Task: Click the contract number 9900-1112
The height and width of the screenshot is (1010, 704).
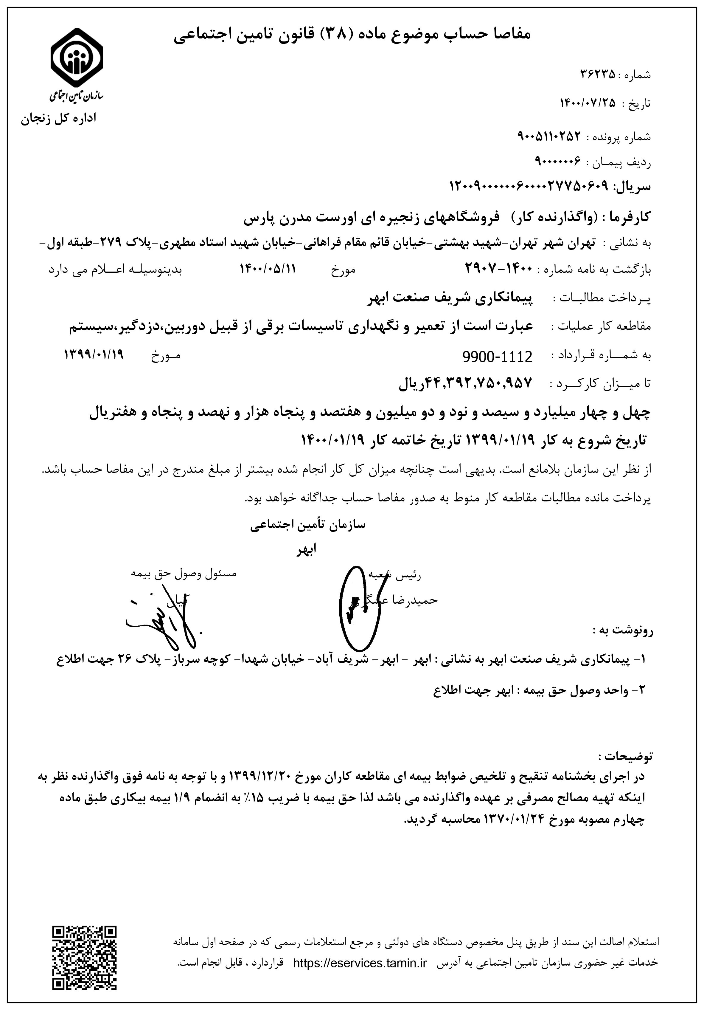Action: pos(497,356)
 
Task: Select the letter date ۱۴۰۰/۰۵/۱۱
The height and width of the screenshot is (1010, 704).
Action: pos(267,268)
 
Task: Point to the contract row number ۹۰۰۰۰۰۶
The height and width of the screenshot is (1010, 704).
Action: pos(558,162)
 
